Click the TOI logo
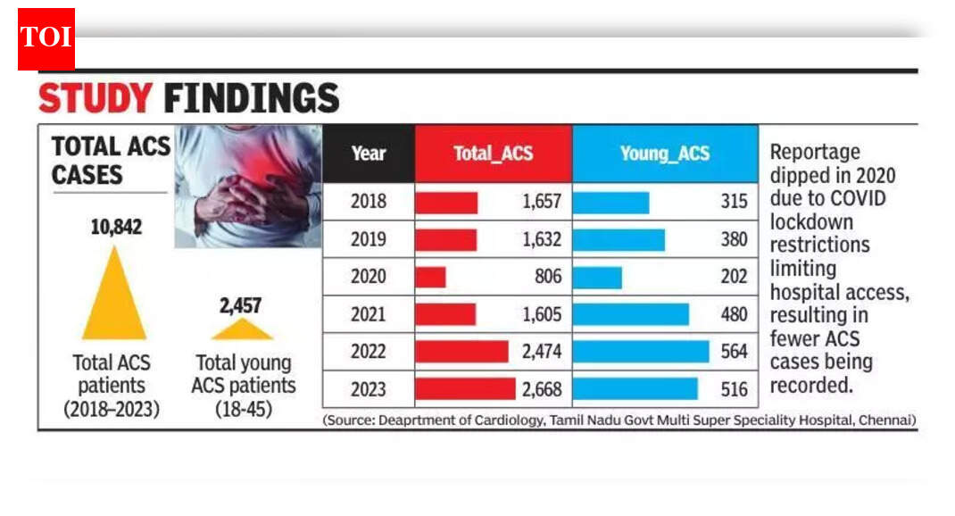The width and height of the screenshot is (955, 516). click(x=46, y=37)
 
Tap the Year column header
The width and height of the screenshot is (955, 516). click(x=368, y=154)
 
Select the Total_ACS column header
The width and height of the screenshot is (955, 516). click(x=493, y=154)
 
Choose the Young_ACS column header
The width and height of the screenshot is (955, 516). click(x=664, y=154)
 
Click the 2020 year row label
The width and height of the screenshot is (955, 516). click(x=368, y=277)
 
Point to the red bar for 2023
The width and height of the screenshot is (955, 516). click(x=465, y=389)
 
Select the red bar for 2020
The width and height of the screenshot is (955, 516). click(x=430, y=277)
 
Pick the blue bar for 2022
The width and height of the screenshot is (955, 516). click(x=640, y=352)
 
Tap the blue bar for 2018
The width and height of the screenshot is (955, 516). click(x=610, y=203)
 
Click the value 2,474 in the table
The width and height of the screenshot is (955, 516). click(x=542, y=352)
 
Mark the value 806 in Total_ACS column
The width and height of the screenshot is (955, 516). click(x=548, y=277)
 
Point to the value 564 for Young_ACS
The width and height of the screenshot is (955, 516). click(x=734, y=352)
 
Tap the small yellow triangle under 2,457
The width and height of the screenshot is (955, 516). click(x=241, y=330)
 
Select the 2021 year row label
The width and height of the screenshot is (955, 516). click(x=368, y=314)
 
